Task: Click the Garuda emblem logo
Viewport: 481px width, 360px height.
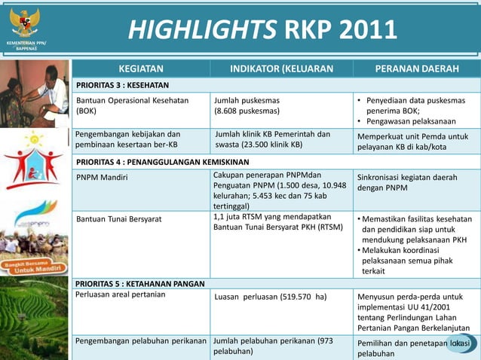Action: (25, 21)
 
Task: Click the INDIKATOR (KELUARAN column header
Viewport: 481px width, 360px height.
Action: (281, 69)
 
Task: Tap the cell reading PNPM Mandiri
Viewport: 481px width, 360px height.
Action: (103, 178)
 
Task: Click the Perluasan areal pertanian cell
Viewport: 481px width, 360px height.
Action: (120, 294)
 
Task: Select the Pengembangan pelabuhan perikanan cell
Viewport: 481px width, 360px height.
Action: (141, 341)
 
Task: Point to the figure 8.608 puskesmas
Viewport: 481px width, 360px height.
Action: (247, 111)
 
